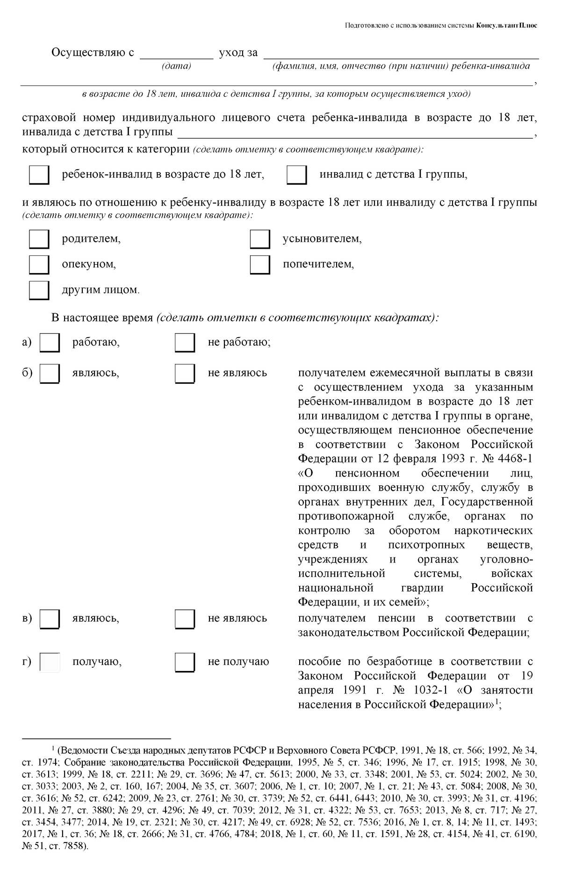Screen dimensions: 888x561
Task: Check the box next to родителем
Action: [x=39, y=239]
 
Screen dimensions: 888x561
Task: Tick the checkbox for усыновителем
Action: [x=259, y=239]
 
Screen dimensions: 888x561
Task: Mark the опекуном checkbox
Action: [x=39, y=264]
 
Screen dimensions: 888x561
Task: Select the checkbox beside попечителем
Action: [x=259, y=264]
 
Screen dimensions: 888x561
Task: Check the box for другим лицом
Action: [x=39, y=290]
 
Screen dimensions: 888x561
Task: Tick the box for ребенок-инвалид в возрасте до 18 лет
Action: [x=39, y=175]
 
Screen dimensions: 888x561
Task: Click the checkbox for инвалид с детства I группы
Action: [x=296, y=175]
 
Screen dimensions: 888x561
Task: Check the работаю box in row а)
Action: [x=50, y=343]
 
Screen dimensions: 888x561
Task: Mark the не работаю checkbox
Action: [x=185, y=343]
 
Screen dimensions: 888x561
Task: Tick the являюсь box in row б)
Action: [x=50, y=374]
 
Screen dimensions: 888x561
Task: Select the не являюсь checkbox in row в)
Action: [x=185, y=619]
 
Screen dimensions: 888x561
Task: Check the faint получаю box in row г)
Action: [x=50, y=663]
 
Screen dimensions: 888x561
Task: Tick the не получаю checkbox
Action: [x=185, y=663]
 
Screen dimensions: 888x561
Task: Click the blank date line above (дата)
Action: [x=176, y=55]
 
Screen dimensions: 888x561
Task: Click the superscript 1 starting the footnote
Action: [x=53, y=748]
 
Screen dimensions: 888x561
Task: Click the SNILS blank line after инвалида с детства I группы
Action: [x=355, y=134]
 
